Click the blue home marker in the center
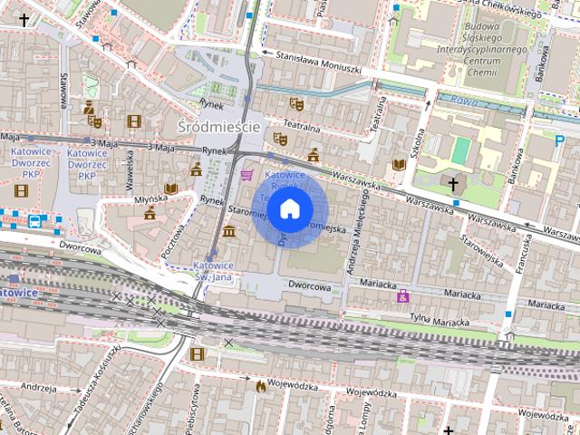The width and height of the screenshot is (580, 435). click(x=289, y=209)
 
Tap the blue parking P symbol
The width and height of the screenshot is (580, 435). click(x=560, y=140)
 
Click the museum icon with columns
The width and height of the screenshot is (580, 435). click(x=228, y=230)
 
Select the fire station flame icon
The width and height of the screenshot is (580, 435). click(x=261, y=386)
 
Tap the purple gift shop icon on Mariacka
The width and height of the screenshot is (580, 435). click(x=403, y=296)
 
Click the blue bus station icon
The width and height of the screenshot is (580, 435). click(x=34, y=219)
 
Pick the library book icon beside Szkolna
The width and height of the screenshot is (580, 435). click(x=398, y=164)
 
